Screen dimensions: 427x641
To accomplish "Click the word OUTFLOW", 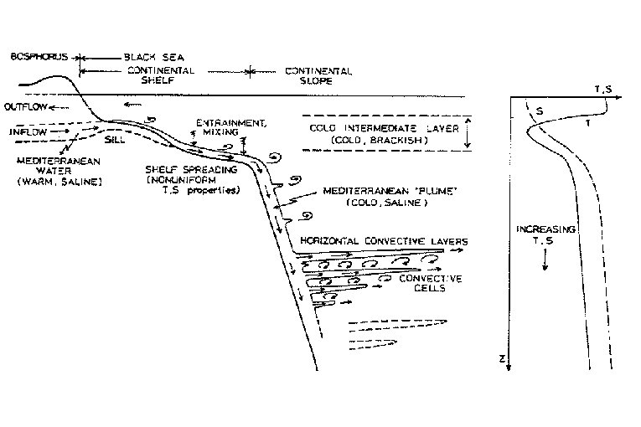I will [22, 108].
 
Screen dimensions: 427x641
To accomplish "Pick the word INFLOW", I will [21, 131].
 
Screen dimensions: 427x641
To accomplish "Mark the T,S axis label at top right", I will [602, 87].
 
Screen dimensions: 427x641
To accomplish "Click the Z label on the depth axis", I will [499, 358].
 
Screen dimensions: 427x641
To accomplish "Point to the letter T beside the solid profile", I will [587, 124].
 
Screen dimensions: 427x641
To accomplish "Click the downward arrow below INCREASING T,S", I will [545, 260].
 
